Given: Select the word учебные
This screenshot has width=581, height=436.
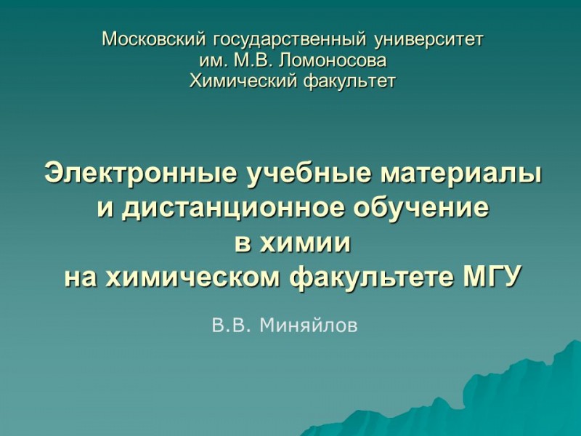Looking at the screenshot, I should coord(295,174).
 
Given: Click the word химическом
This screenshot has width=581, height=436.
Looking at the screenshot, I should coord(195,277).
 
